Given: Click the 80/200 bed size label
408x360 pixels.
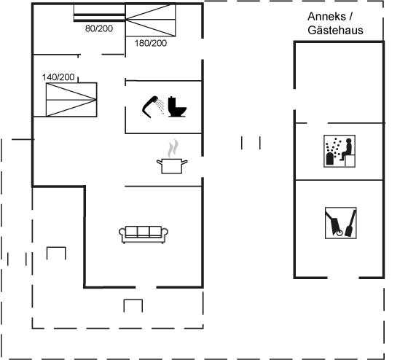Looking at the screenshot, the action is pyautogui.click(x=99, y=28).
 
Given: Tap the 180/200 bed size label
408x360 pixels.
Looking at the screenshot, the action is pyautogui.click(x=151, y=43).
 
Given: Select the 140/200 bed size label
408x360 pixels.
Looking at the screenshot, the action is pyautogui.click(x=58, y=77).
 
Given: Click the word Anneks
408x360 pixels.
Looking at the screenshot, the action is pyautogui.click(x=326, y=17).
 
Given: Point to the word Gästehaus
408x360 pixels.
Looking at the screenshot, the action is pyautogui.click(x=335, y=30).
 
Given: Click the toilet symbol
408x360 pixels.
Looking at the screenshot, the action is pyautogui.click(x=177, y=106).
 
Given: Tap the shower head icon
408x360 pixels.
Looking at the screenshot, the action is pyautogui.click(x=153, y=106).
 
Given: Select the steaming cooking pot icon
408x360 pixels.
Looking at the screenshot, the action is pyautogui.click(x=172, y=157).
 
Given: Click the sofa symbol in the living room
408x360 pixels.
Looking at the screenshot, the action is pyautogui.click(x=144, y=235).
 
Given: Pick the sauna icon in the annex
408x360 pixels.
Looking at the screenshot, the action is pyautogui.click(x=340, y=151).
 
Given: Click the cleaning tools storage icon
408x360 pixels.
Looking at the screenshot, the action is pyautogui.click(x=341, y=223).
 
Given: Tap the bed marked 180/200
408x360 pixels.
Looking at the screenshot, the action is pyautogui.click(x=151, y=20).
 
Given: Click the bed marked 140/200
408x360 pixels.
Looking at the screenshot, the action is pyautogui.click(x=71, y=99).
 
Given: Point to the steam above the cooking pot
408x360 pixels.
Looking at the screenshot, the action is pyautogui.click(x=173, y=149).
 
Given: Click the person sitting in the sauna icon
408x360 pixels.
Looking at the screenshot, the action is pyautogui.click(x=346, y=149).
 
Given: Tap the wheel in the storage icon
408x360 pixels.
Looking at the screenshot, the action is pyautogui.click(x=340, y=232).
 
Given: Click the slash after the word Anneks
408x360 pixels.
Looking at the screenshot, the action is pyautogui.click(x=351, y=17).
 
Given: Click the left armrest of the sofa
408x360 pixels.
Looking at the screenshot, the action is pyautogui.click(x=122, y=235).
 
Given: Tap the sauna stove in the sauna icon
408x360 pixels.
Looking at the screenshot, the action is pyautogui.click(x=330, y=159).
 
